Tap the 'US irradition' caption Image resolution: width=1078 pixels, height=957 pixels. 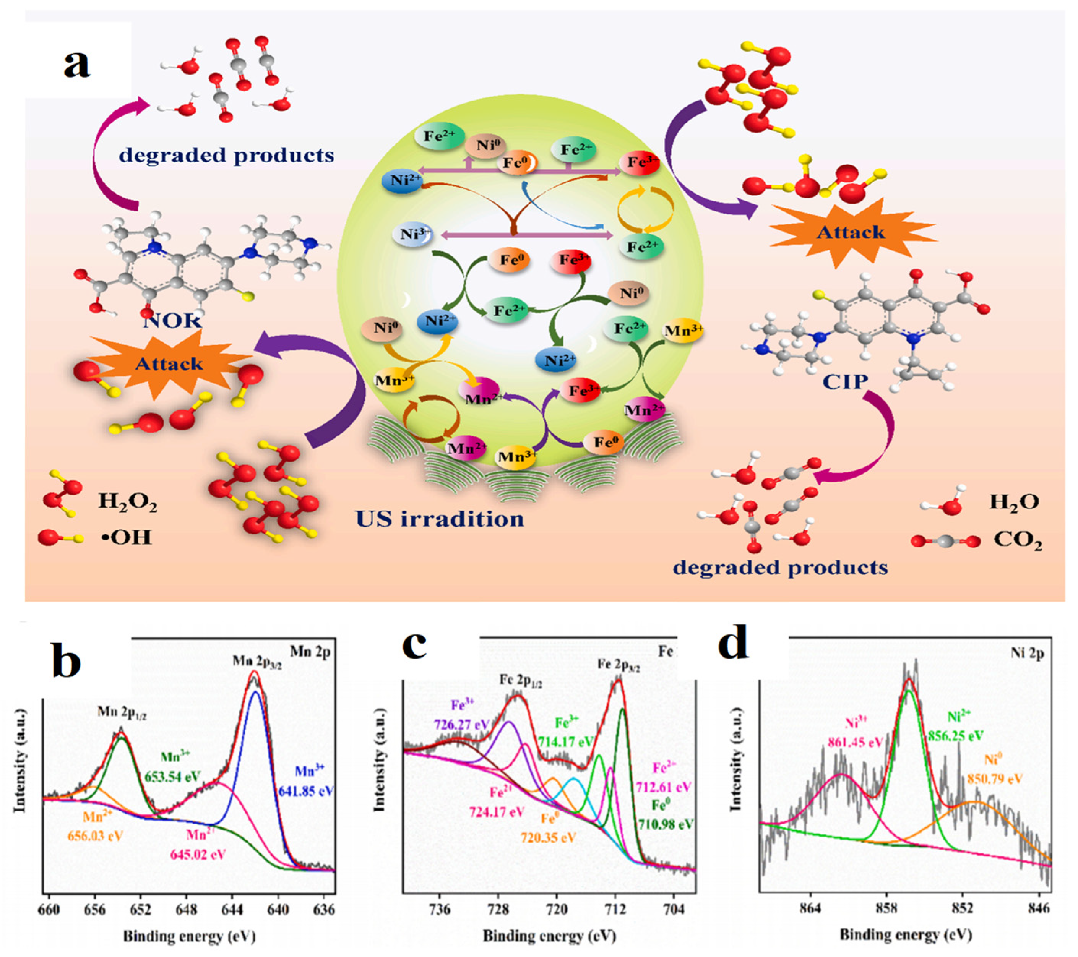pyautogui.click(x=440, y=519)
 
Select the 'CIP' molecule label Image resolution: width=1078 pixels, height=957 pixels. pyautogui.click(x=845, y=381)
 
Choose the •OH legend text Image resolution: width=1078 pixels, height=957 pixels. pyautogui.click(x=126, y=538)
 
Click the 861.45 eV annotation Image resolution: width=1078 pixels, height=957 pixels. pyautogui.click(x=854, y=742)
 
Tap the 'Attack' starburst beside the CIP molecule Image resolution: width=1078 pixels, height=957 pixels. pyautogui.click(x=850, y=232)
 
